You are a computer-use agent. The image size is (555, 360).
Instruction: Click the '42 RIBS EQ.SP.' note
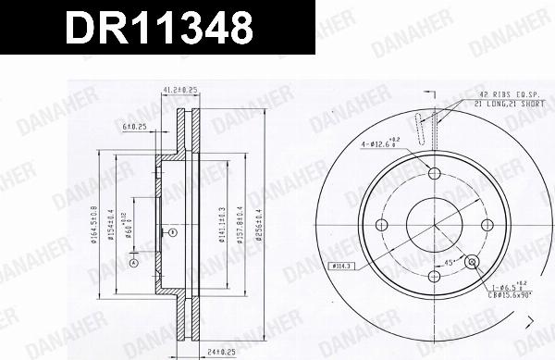503,96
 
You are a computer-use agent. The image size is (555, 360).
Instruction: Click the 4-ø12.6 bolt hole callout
385,143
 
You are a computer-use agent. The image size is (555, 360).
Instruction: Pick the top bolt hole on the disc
434,174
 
